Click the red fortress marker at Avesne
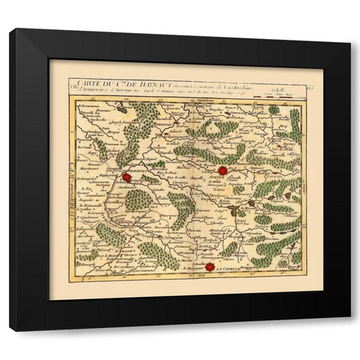222,169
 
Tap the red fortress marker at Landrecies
128,178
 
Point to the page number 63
297,88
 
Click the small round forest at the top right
274,110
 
